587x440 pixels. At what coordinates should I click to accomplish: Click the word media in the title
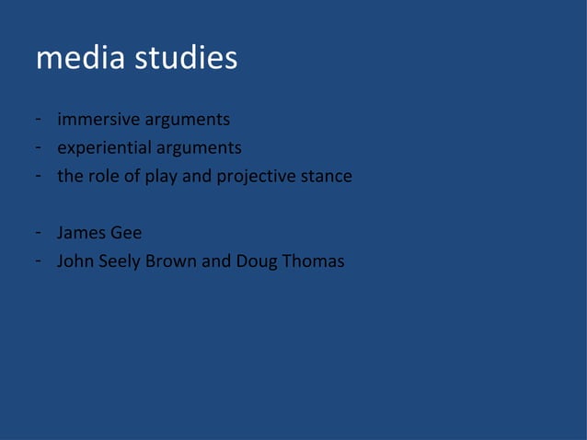coord(80,59)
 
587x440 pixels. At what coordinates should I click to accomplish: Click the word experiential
coord(103,147)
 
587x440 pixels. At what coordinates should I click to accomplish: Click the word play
coord(162,176)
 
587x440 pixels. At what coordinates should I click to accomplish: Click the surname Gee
coord(125,233)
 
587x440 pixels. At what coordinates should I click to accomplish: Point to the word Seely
coord(118,261)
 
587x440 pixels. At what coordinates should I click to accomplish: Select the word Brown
coord(171,261)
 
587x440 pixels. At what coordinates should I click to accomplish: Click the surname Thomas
coord(314,261)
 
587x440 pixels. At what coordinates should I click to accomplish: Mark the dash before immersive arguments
coord(38,120)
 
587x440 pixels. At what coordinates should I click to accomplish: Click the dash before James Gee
coord(38,233)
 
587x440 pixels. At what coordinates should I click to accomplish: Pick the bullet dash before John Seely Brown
coord(38,261)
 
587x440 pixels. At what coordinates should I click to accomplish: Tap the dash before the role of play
coord(38,176)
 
